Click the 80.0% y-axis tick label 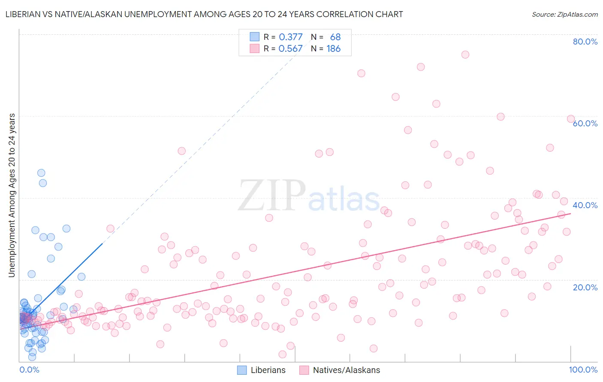[x=585, y=42]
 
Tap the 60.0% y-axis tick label [x=585, y=123]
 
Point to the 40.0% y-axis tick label [x=585, y=205]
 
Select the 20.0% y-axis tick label [x=585, y=287]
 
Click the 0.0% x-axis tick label [x=29, y=370]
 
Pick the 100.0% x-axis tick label [x=583, y=370]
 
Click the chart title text [x=204, y=14]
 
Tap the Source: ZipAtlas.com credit [x=564, y=14]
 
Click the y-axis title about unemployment [x=12, y=195]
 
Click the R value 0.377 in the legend [x=291, y=37]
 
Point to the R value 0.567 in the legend [x=291, y=49]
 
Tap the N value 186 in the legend [x=333, y=49]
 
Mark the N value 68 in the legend [x=335, y=37]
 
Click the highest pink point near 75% [x=465, y=54]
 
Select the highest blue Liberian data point [x=41, y=173]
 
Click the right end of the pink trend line [x=570, y=213]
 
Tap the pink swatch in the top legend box [x=255, y=48]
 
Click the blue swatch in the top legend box [x=255, y=37]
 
